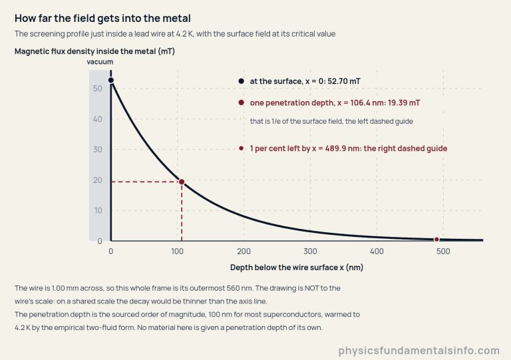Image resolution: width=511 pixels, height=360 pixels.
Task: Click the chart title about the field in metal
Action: pos(102,18)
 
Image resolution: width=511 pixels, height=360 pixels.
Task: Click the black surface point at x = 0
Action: pos(111,80)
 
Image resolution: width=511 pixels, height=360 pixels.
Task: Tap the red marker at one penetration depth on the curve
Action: pos(182,182)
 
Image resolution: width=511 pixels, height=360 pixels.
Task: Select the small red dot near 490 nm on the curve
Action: pos(436,240)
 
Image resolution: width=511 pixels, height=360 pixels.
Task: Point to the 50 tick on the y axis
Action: pos(97,89)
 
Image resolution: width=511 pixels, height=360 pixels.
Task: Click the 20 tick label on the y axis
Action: pos(97,180)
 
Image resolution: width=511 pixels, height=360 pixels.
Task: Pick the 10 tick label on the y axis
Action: pos(98,210)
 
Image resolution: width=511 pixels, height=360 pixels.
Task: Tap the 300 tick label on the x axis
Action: pos(310,251)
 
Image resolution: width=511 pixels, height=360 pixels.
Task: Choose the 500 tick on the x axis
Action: pos(443,251)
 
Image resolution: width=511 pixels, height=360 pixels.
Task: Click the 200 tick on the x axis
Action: pos(244,251)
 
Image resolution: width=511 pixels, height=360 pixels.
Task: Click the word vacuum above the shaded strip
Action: pos(100,62)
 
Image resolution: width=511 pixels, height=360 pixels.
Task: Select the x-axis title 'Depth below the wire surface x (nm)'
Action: pos(297,268)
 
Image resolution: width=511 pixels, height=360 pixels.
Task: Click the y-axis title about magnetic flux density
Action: pos(95,51)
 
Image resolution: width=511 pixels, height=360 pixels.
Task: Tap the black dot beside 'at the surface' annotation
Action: pos(241,81)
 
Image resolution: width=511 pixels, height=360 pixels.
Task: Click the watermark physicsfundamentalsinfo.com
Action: pos(419,351)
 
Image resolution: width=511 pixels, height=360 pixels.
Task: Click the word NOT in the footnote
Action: pos(311,288)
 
